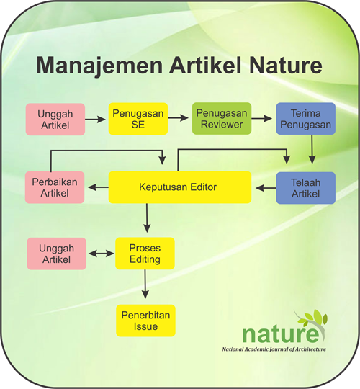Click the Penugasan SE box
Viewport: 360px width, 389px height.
point(138,119)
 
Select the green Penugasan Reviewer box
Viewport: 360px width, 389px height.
point(222,119)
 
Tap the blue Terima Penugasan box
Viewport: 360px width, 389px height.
point(306,119)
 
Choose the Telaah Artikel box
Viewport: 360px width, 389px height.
point(306,188)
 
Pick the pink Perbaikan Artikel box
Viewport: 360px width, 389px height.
point(55,187)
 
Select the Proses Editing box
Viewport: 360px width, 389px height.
point(145,254)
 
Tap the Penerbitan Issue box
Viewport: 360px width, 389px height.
point(145,321)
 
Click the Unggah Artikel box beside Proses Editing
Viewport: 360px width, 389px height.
point(57,254)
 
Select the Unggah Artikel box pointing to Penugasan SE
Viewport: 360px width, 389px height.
point(55,120)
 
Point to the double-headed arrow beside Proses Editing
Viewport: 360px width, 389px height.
point(101,254)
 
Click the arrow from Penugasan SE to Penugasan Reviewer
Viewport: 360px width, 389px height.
point(178,118)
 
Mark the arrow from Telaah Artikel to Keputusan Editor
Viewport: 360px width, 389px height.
point(266,188)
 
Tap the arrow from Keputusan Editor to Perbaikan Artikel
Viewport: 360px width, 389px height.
point(98,187)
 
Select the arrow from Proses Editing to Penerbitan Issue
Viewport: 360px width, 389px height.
point(145,284)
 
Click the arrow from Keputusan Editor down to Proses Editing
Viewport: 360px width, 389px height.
point(147,218)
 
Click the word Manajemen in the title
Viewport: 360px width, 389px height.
point(99,66)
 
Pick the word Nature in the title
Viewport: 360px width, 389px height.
point(286,66)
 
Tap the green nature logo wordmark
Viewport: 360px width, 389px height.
point(281,334)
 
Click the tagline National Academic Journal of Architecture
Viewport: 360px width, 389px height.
point(274,349)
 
